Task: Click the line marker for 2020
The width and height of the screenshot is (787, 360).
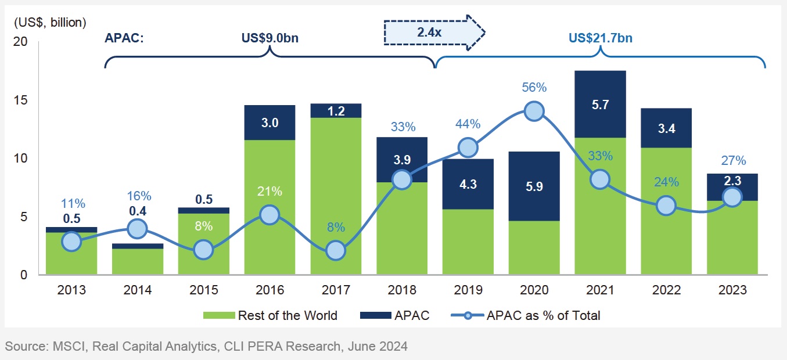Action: coord(534,111)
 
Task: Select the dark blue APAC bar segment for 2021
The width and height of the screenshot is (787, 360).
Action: coord(600,104)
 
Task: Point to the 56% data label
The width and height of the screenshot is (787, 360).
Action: coord(534,88)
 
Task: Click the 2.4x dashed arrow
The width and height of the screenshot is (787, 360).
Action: coord(434,33)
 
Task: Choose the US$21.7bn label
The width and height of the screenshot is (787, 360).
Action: coord(601,39)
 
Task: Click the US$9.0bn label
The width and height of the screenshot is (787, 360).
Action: coord(270,39)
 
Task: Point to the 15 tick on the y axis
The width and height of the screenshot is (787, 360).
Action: coord(21,100)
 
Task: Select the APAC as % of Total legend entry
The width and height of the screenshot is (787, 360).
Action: coord(526,316)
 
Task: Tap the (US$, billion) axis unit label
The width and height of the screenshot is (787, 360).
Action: coord(49,23)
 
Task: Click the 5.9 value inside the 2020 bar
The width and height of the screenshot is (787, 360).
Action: coord(534,187)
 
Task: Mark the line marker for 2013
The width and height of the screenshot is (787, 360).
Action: coord(71,241)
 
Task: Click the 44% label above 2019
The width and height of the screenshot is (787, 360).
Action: coord(468,124)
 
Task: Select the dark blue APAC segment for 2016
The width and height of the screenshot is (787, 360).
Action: coord(269,123)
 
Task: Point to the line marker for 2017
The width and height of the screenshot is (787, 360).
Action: coord(336,251)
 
